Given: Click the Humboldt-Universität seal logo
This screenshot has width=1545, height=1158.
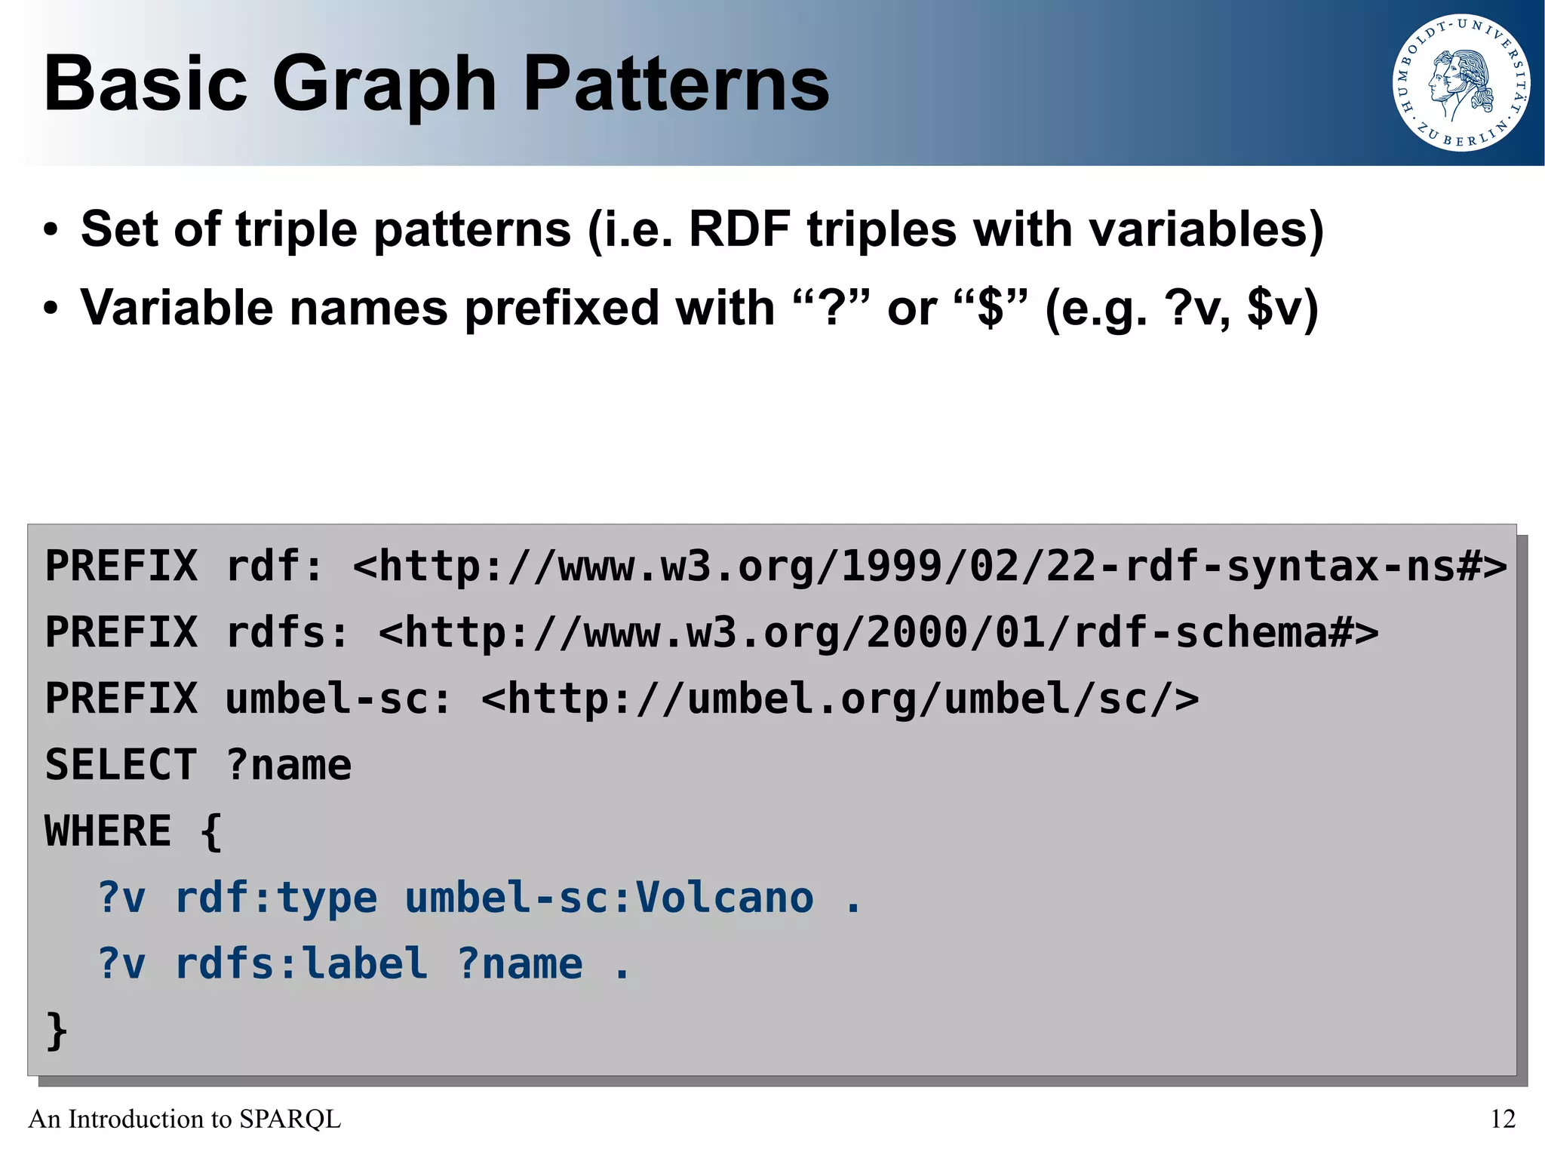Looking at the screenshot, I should pyautogui.click(x=1461, y=83).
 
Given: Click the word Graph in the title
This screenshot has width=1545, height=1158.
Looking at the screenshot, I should pyautogui.click(x=383, y=84).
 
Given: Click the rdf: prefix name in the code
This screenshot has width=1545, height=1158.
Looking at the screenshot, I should pyautogui.click(x=274, y=566).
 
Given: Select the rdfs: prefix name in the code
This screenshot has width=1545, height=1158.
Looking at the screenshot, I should pyautogui.click(x=287, y=632).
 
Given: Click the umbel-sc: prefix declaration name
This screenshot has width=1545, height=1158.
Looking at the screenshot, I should pyautogui.click(x=337, y=699).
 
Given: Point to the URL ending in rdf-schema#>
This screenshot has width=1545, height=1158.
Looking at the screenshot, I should pyautogui.click(x=878, y=632).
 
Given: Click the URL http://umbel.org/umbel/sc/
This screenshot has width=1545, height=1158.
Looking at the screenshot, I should pyautogui.click(x=840, y=699).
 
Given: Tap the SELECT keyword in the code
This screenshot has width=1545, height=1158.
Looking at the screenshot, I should pyautogui.click(x=121, y=765).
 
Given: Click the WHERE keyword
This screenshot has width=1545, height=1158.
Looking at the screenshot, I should pyautogui.click(x=108, y=831).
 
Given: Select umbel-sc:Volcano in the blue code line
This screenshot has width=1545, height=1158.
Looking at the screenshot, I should pyautogui.click(x=609, y=898).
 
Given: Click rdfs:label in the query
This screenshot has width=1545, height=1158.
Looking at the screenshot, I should pyautogui.click(x=301, y=964).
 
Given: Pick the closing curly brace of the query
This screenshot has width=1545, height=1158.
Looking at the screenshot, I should pyautogui.click(x=57, y=1031).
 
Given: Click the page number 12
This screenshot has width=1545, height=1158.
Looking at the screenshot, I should pyautogui.click(x=1502, y=1119).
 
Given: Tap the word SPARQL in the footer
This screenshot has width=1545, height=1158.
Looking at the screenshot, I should pyautogui.click(x=290, y=1119).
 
